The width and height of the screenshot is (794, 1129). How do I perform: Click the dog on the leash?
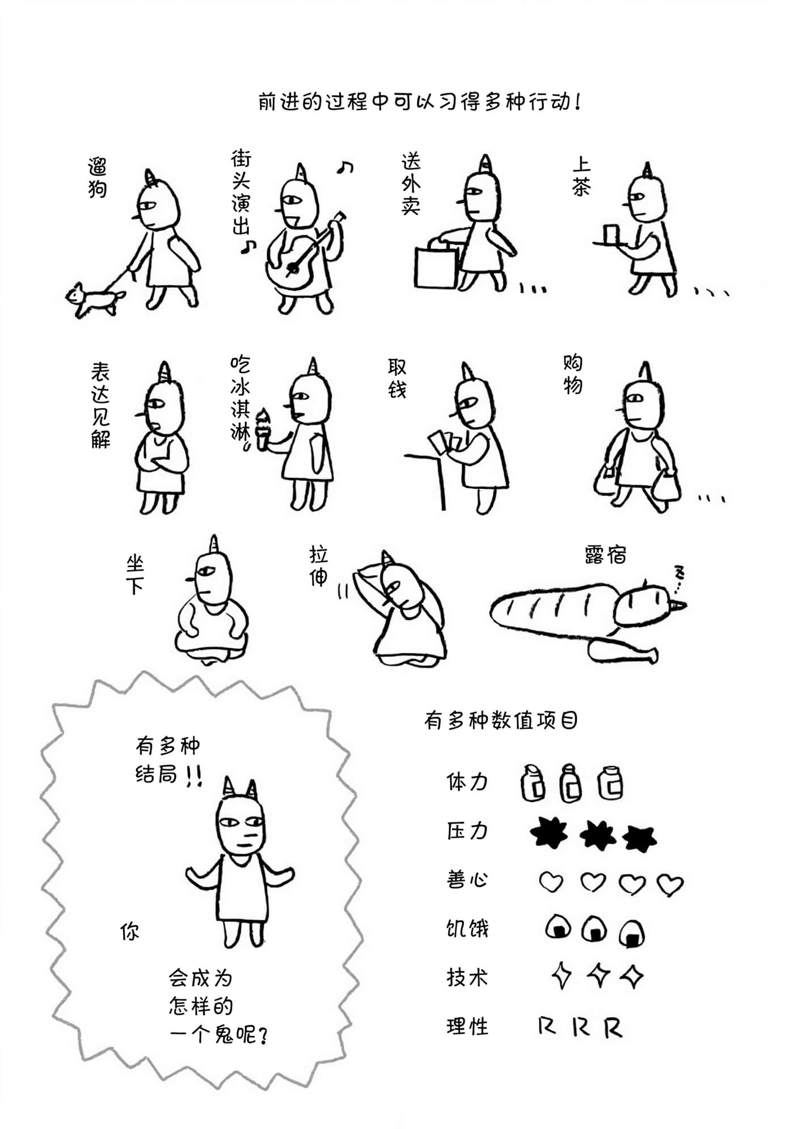[94, 299]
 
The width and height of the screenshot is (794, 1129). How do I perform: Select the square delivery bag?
[436, 267]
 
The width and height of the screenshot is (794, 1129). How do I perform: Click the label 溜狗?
[98, 178]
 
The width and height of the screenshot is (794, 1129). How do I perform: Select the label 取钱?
[397, 378]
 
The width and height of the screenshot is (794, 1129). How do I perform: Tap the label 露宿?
[606, 555]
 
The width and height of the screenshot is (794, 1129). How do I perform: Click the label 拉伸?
[319, 565]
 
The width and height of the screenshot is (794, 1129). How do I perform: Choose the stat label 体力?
[467, 782]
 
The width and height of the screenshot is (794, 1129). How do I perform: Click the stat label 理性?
[467, 1027]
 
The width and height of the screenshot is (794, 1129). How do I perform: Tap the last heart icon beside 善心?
[670, 884]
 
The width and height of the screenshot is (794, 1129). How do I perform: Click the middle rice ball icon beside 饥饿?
[594, 929]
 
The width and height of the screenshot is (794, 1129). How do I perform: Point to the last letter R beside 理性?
[613, 1027]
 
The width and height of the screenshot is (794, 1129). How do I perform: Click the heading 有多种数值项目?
[501, 721]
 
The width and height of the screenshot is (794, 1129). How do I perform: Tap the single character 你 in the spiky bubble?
[130, 932]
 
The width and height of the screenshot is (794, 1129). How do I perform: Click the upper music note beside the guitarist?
[345, 167]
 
